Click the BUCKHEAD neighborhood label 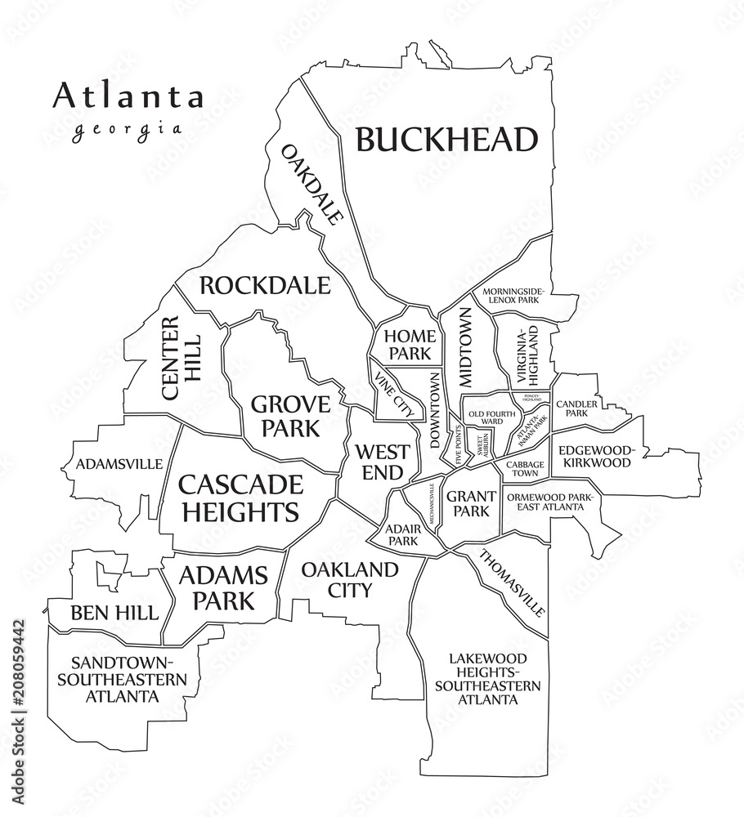(x=447, y=140)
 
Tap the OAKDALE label (x=311, y=185)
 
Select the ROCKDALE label (x=265, y=286)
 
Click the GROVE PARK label (x=290, y=416)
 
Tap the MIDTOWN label (x=465, y=346)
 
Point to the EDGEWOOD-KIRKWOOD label (x=595, y=456)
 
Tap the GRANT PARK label (x=470, y=503)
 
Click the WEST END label (x=378, y=462)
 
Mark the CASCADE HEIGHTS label (x=239, y=498)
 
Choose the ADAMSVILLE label (x=119, y=464)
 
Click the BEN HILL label (x=114, y=613)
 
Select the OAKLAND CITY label (x=349, y=578)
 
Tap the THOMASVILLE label (x=511, y=584)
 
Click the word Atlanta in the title (x=128, y=96)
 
